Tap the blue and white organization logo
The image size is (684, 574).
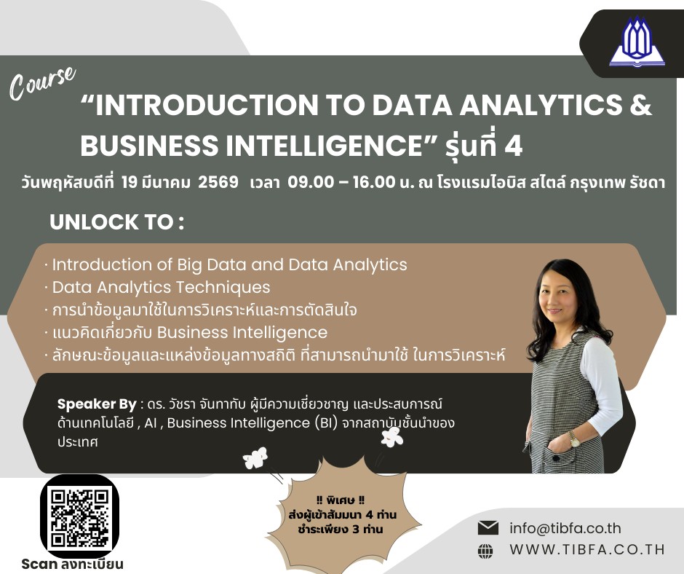tap(637, 42)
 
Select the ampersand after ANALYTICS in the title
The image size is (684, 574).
tap(640, 105)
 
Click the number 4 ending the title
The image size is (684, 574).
tap(514, 146)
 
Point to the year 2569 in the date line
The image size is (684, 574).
tap(218, 181)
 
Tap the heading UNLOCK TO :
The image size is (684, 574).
tap(116, 222)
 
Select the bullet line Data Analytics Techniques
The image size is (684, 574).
tap(161, 288)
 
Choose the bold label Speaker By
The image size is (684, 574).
tap(97, 404)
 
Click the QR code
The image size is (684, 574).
tap(79, 518)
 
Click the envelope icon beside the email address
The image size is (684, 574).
tap(488, 528)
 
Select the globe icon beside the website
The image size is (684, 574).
tap(485, 551)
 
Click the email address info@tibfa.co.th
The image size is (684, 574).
tap(565, 528)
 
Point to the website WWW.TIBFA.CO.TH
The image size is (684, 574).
tap(587, 549)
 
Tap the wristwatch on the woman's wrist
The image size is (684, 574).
tap(575, 439)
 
